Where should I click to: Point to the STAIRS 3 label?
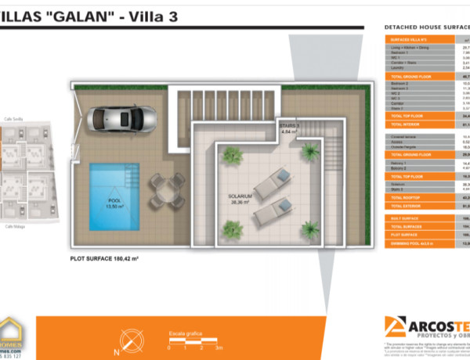point(289,128)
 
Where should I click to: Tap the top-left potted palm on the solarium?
point(232,156)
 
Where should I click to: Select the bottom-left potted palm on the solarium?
point(233,229)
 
